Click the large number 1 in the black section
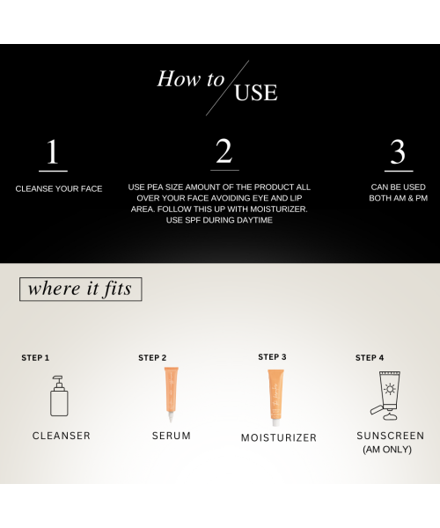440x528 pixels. [x=53, y=152]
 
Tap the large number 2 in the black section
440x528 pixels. [x=224, y=150]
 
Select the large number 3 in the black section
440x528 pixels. [x=398, y=152]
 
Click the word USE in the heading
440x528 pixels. [x=256, y=92]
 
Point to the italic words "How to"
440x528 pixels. [x=191, y=79]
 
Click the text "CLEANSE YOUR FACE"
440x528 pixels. [x=59, y=189]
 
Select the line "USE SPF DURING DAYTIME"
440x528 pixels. [x=219, y=220]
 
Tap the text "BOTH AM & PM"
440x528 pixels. [x=399, y=198]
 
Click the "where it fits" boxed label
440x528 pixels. [x=80, y=289]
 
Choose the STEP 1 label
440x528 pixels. [x=35, y=358]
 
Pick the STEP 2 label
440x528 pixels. [x=152, y=358]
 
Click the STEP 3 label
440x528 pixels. [x=272, y=357]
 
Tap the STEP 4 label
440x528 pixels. [x=370, y=358]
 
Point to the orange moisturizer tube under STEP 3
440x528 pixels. [x=275, y=398]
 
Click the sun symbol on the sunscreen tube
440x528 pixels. [x=390, y=389]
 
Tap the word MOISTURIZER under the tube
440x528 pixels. [x=279, y=437]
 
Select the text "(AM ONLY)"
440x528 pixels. [x=387, y=450]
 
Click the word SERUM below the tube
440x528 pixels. [x=172, y=436]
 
